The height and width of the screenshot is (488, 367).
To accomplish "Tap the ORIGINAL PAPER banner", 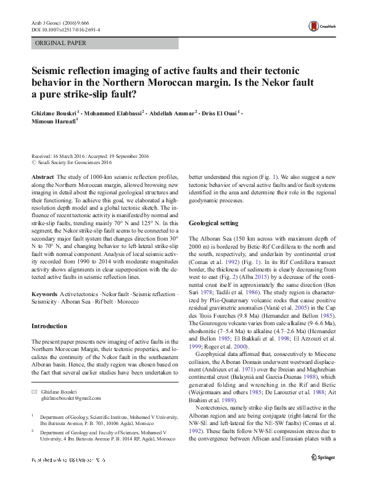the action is coord(60,43).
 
